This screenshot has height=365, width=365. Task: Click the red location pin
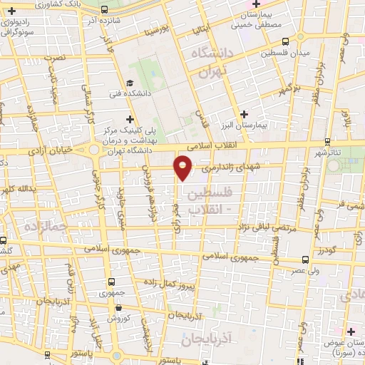pyautogui.click(x=184, y=167)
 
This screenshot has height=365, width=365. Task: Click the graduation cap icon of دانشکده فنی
pyautogui.click(x=129, y=81)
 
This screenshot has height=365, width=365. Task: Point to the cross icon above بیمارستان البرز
pyautogui.click(x=245, y=114)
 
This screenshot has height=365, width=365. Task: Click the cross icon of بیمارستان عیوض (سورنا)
pyautogui.click(x=351, y=331)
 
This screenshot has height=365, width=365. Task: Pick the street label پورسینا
pyautogui.click(x=156, y=31)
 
